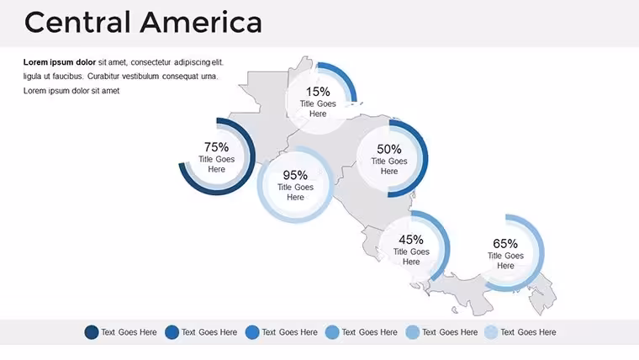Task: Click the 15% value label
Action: pos(318,92)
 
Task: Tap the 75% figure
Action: pos(216,146)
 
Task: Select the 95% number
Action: pos(295,175)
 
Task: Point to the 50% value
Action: pos(389,149)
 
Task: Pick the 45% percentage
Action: pos(411,240)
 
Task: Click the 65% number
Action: pos(505,243)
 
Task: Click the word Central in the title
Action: pos(78,23)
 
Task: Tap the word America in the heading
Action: pos(201,23)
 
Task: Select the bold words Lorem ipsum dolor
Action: pos(60,62)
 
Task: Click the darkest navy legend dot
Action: pos(92,332)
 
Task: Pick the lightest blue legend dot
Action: pos(492,332)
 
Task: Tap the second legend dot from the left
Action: pos(172,332)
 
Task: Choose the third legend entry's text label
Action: pos(289,332)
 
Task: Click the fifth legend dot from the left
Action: pos(413,332)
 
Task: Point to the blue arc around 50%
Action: pos(425,159)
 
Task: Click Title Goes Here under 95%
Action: pos(295,192)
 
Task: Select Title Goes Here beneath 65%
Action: pos(505,261)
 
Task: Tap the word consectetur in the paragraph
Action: pos(151,62)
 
